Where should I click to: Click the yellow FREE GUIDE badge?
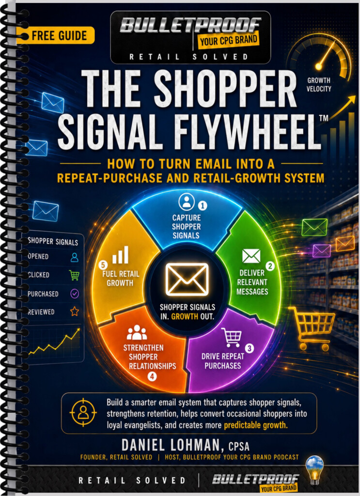56,35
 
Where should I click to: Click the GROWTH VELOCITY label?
318,84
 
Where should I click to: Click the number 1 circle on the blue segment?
203,205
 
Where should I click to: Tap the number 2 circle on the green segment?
270,266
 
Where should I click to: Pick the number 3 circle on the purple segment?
250,348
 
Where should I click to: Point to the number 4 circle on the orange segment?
152,376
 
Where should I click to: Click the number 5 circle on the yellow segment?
103,265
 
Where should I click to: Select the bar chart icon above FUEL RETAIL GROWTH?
120,255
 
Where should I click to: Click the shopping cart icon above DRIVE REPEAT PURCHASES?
232,337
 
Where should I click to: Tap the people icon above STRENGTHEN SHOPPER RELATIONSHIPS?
137,332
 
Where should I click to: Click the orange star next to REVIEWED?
74,311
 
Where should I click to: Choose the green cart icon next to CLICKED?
74,275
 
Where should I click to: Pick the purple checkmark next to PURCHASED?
74,294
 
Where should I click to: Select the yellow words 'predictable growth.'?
256,425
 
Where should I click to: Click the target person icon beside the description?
83,412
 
